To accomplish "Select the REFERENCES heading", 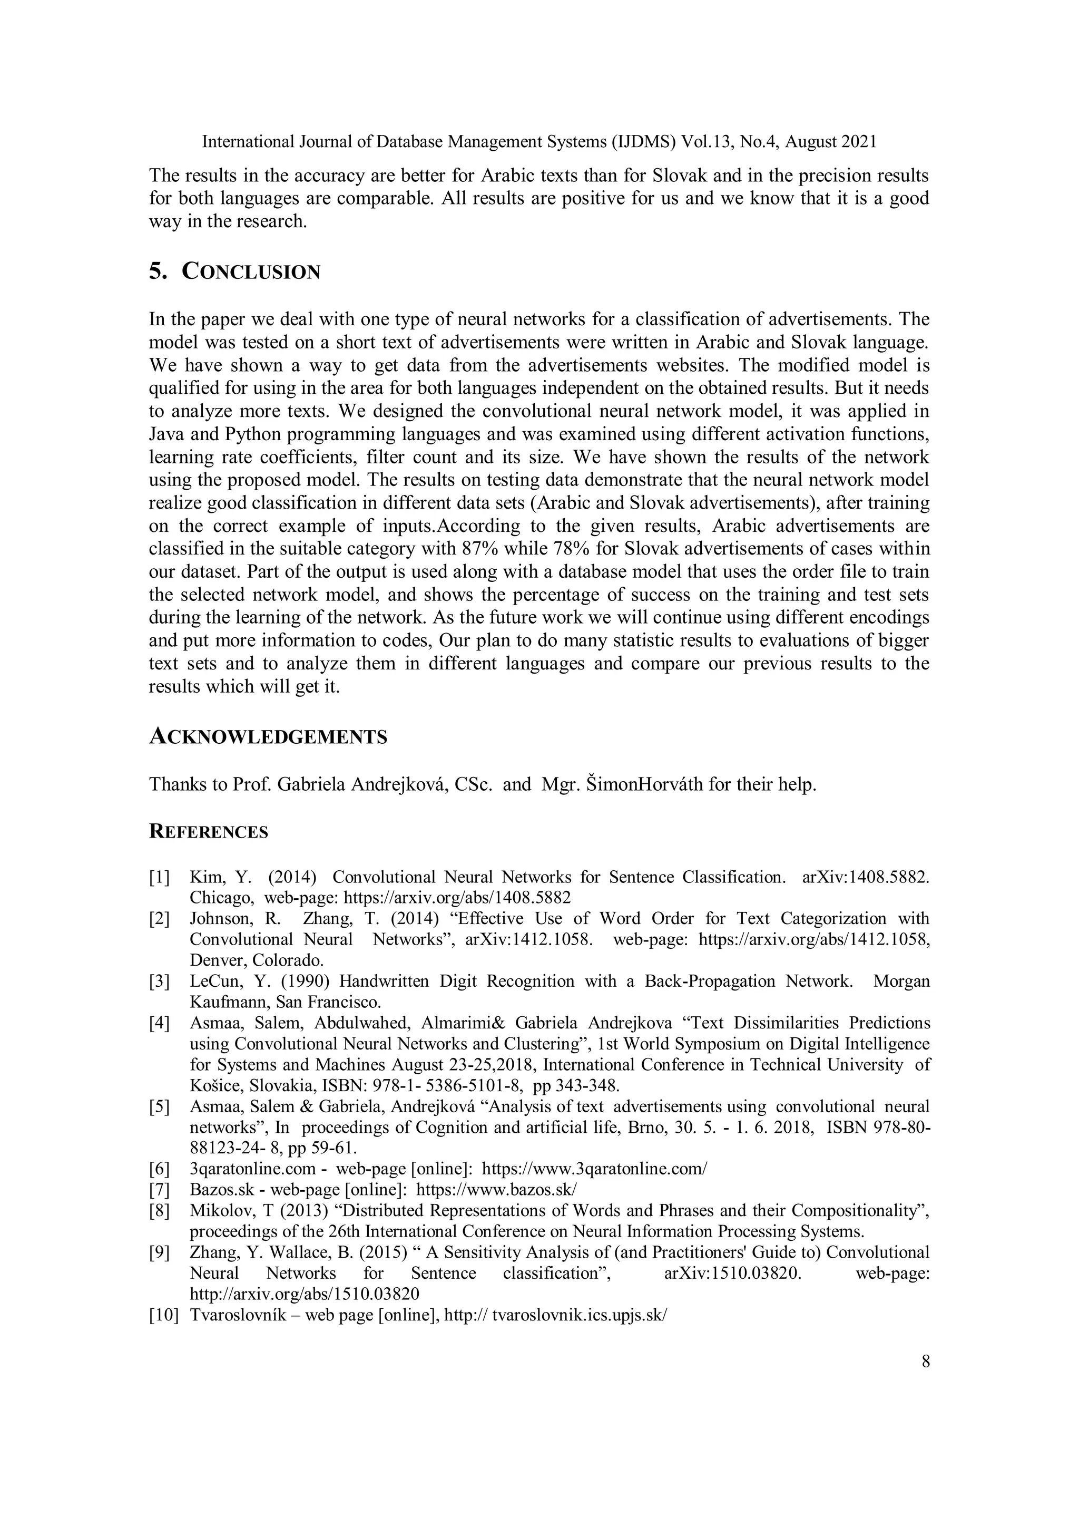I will pyautogui.click(x=208, y=832).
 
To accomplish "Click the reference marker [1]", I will pyautogui.click(x=160, y=877).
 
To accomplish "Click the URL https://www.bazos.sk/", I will pyautogui.click(x=496, y=1189).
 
